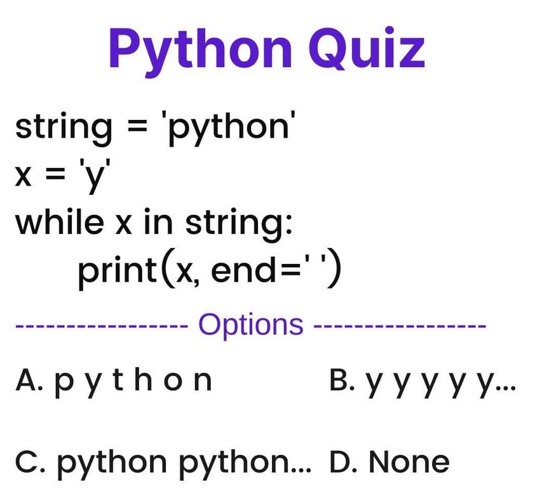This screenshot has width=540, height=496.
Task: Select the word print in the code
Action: click(116, 271)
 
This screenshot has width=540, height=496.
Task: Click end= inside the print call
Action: click(250, 271)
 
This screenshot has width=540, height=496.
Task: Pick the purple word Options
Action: click(251, 325)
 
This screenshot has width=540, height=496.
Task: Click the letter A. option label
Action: click(29, 381)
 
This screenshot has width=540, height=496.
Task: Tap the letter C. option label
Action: click(29, 462)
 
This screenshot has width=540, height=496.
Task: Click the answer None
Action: click(408, 462)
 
